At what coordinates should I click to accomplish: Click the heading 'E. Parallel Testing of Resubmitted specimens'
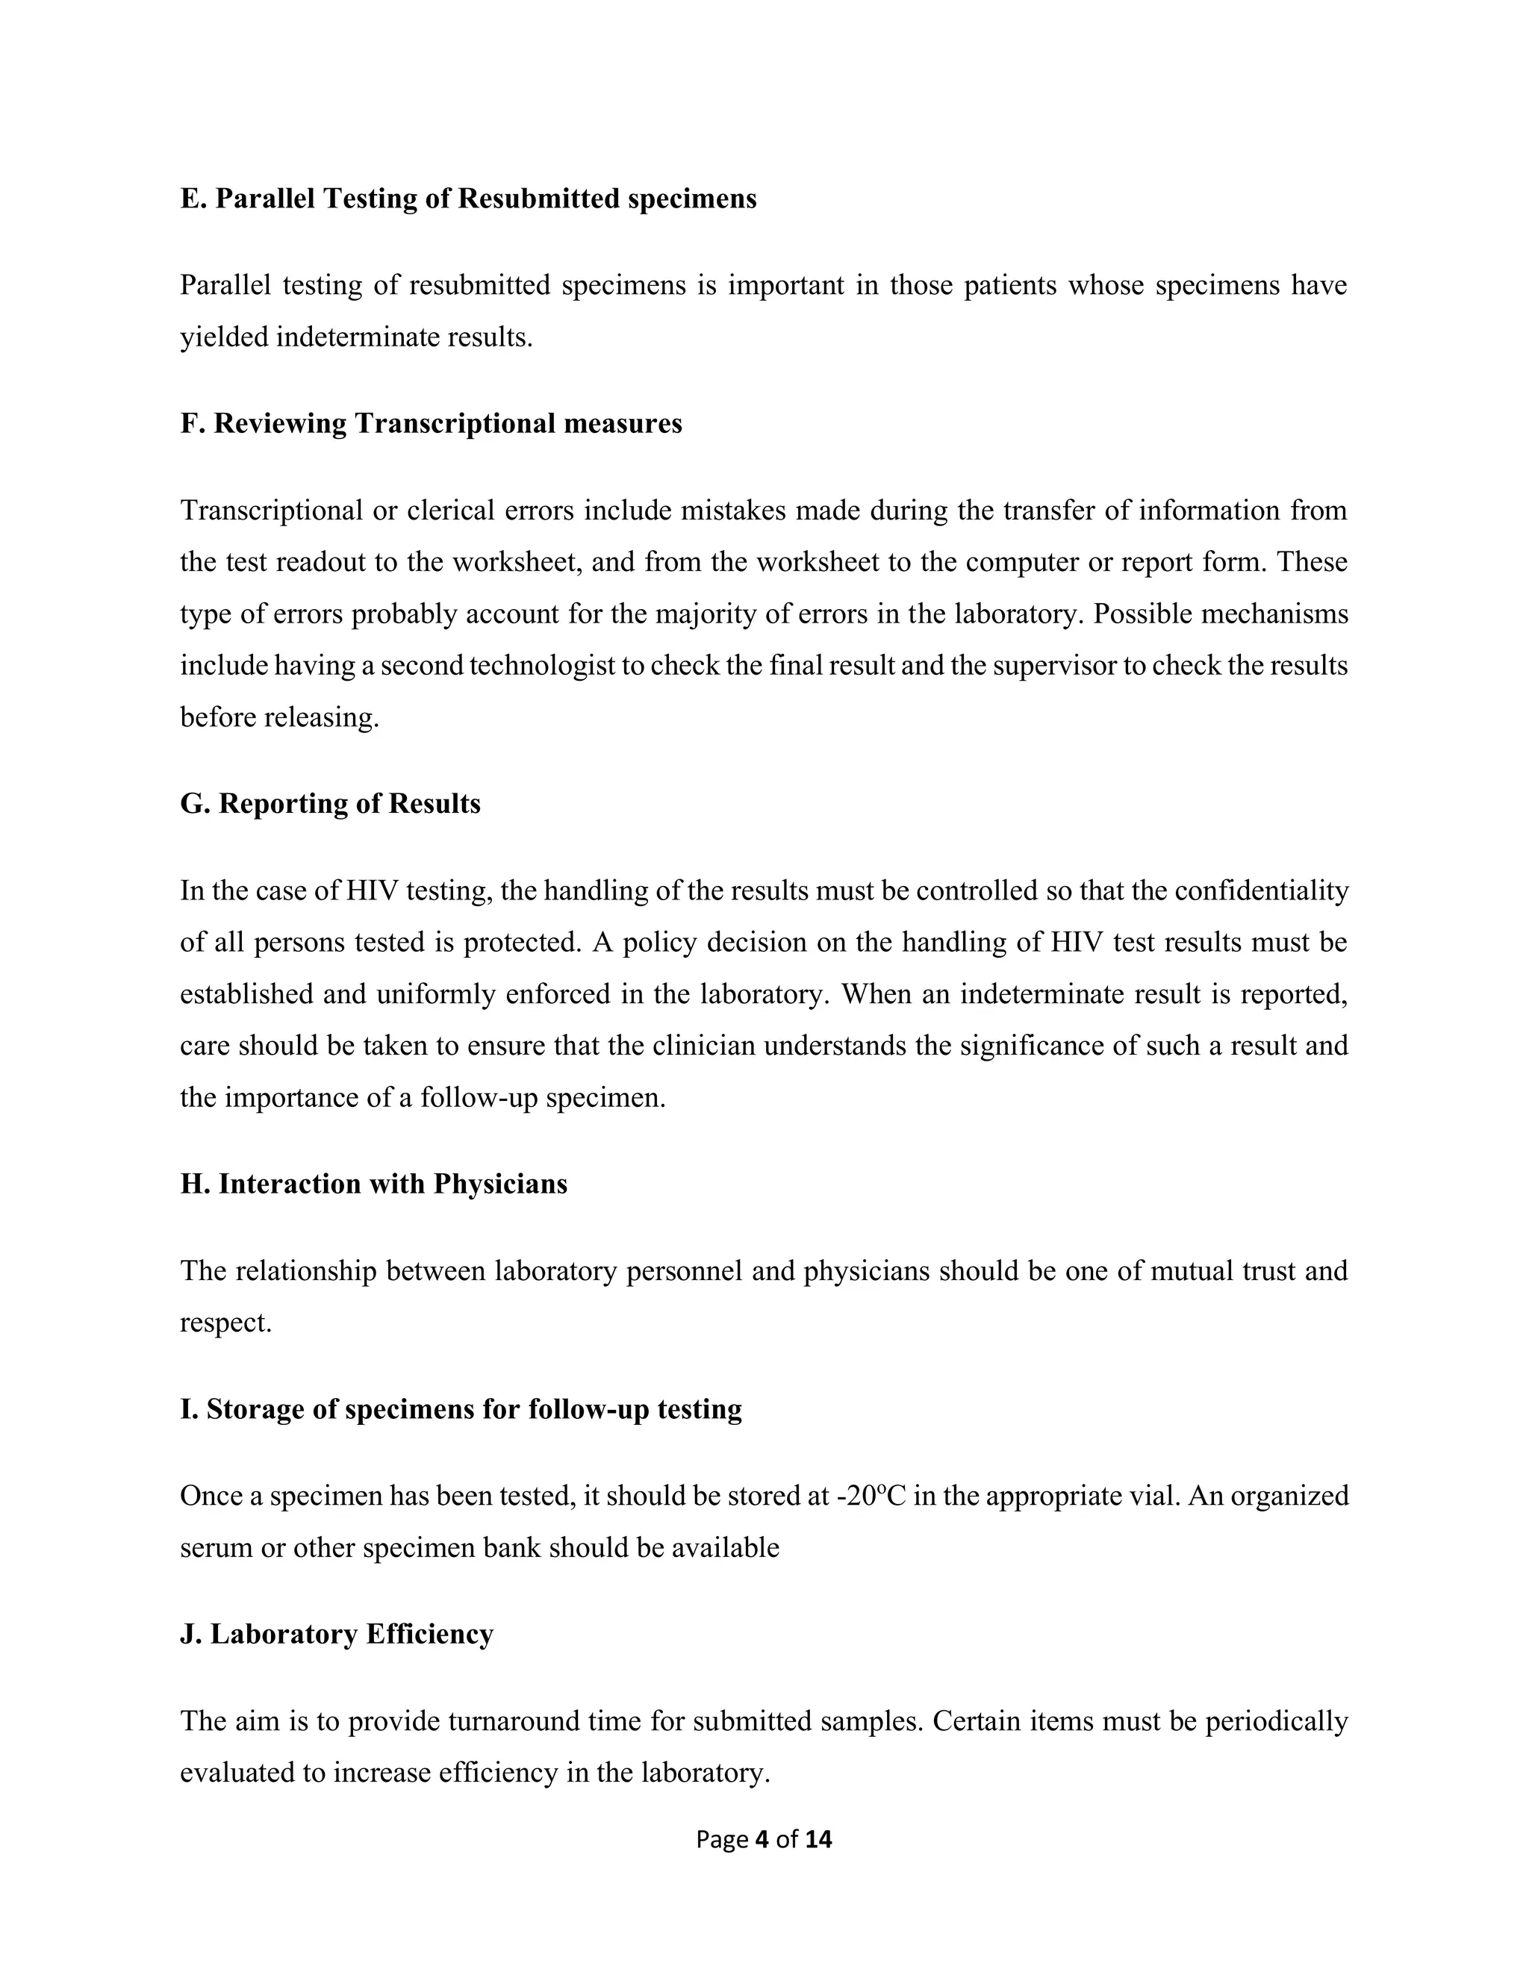click(467, 199)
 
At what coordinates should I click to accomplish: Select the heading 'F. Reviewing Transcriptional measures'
click(432, 423)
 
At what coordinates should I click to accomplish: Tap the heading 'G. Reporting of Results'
click(330, 803)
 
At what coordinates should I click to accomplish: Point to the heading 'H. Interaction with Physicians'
click(373, 1184)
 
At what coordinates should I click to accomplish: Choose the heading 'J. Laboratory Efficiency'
click(336, 1633)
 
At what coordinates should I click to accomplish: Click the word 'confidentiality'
click(1261, 890)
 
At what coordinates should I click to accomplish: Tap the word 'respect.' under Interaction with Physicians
click(225, 1323)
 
